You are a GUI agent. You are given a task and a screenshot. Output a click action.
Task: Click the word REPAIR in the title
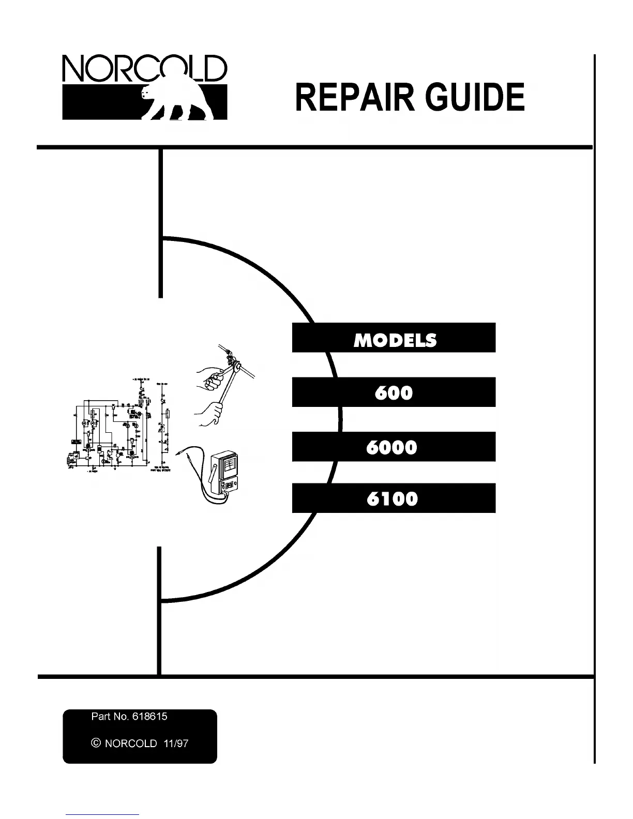[354, 97]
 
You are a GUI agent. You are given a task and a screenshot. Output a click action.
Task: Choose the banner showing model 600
[394, 392]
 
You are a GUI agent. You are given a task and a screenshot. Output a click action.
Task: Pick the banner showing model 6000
[394, 446]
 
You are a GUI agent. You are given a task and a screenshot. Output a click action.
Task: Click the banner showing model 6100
[394, 498]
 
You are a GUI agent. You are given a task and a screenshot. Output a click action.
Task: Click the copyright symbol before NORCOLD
[95, 743]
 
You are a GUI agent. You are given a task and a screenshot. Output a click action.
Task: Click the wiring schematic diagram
[122, 424]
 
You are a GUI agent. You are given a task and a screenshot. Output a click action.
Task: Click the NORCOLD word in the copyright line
[131, 744]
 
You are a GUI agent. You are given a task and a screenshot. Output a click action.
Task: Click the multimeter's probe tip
[179, 453]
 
